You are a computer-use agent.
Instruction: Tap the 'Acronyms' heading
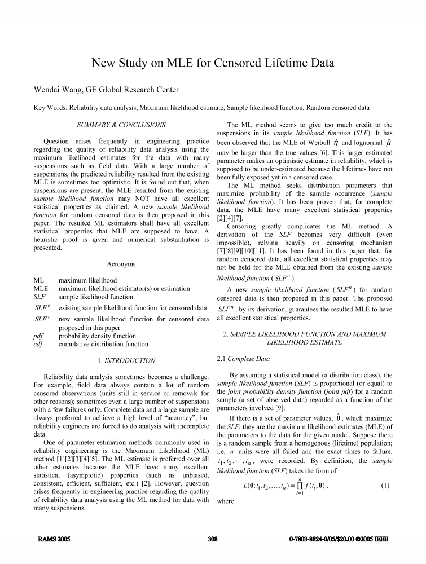120,263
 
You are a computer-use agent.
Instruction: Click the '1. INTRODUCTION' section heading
120,360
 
